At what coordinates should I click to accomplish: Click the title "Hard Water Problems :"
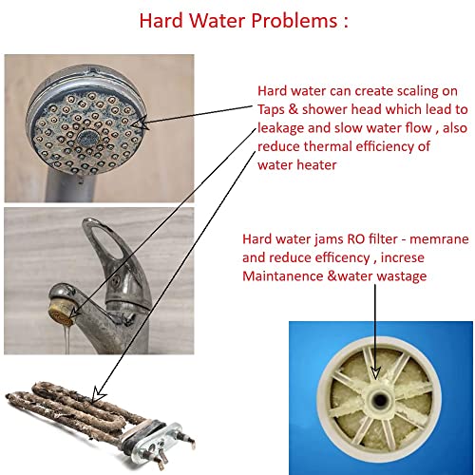coord(237,21)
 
